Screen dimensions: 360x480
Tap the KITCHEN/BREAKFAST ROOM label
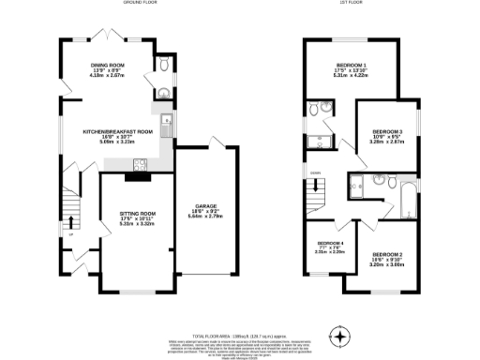tap(117, 131)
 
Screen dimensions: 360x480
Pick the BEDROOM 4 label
tap(329, 243)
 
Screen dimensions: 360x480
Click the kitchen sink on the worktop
tap(165, 120)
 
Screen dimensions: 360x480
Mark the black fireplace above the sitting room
tap(138, 174)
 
